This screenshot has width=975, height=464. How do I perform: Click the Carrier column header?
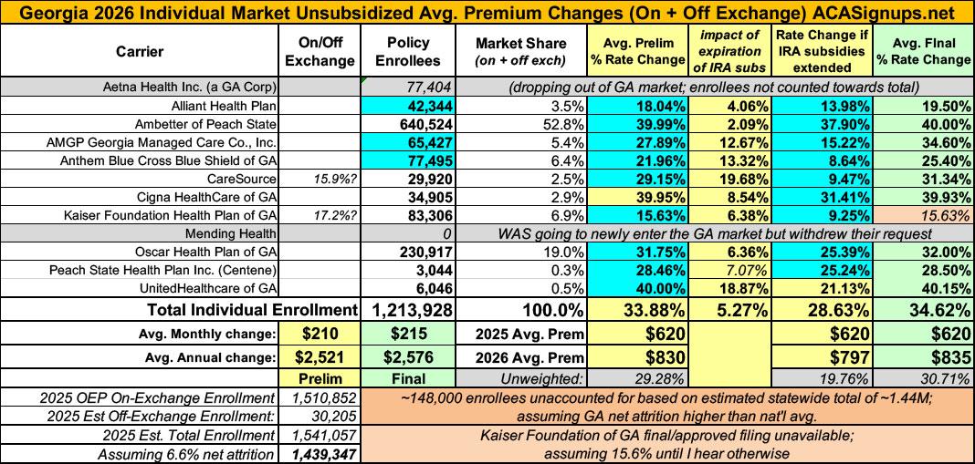click(140, 52)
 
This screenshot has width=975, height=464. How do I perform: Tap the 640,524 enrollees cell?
click(408, 124)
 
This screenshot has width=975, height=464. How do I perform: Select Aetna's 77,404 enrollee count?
click(408, 87)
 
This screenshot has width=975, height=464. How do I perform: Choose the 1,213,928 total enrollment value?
click(407, 308)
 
